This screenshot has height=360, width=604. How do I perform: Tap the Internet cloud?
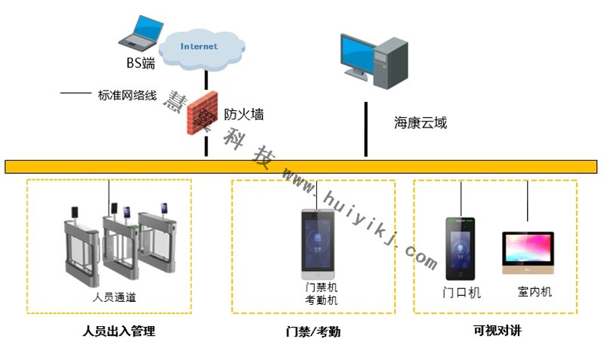coord(199,46)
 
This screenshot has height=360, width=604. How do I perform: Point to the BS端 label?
coord(140,63)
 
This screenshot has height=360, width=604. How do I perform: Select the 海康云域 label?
coord(421,122)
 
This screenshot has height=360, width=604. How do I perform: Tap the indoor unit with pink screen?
coord(528,253)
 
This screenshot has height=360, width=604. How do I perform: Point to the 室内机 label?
coord(535,291)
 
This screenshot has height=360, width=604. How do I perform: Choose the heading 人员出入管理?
coord(113,331)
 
